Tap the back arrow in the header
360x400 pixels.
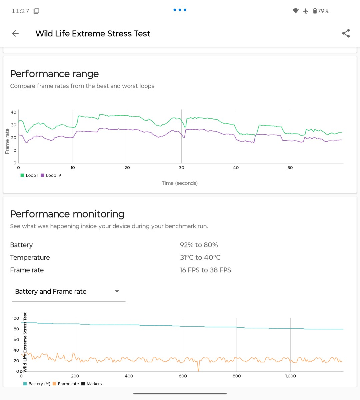point(15,34)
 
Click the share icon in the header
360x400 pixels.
point(346,33)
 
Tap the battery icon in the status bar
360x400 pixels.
point(315,11)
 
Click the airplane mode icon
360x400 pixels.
point(306,11)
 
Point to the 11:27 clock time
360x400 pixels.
point(20,11)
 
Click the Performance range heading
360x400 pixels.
point(55,74)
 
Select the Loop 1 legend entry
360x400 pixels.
point(29,175)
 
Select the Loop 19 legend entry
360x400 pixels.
point(51,175)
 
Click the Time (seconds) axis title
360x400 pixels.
point(180,183)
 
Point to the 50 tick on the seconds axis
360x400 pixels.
point(290,168)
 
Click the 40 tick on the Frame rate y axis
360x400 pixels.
point(14,112)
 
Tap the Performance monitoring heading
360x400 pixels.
point(67,214)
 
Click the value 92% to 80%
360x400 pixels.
point(199,245)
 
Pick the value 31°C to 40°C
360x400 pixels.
point(200,257)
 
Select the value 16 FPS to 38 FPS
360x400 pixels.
point(205,270)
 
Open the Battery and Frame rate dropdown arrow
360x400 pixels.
point(117,291)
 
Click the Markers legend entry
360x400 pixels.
point(92,384)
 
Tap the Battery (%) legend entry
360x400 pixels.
point(37,384)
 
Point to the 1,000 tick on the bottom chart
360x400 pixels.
point(291,376)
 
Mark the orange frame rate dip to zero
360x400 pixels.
point(198,370)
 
